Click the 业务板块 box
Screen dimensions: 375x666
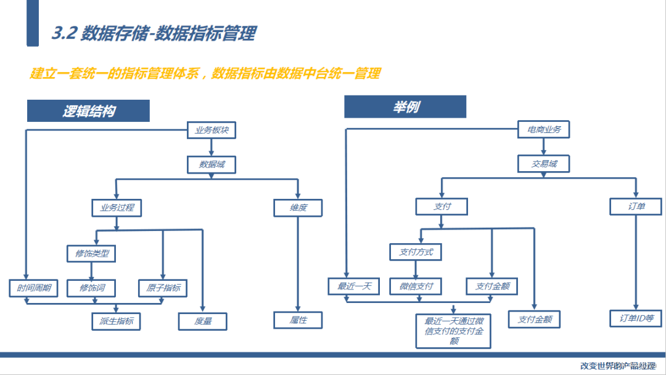212,130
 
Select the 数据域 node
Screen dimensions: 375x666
212,164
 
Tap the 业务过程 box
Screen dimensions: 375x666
117,208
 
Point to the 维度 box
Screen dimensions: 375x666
298,208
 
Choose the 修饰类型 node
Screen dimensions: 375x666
91,253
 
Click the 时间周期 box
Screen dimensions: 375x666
30,288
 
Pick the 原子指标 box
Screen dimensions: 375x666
163,288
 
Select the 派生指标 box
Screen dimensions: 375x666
116,321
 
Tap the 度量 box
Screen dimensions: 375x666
202,321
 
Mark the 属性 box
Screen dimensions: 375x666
298,320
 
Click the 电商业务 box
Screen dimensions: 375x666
543,129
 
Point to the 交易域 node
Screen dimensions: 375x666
543,164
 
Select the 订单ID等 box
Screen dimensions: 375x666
636,318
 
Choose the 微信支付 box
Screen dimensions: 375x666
416,286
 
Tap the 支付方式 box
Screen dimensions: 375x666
416,252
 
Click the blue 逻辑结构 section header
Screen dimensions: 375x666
88,111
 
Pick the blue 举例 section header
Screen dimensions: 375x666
405,107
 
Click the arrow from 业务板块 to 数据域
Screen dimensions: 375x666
212,147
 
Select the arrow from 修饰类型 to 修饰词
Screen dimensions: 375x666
91,270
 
